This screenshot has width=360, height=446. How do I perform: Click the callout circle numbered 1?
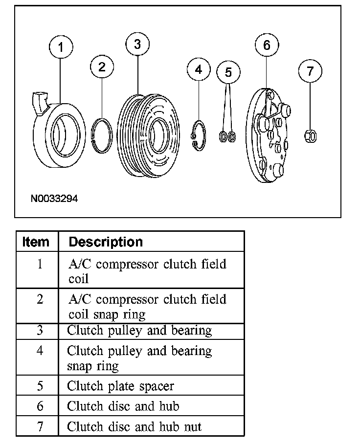point(61,47)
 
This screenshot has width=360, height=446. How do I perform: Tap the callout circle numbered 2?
point(102,67)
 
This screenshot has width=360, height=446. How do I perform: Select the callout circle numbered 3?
point(137,45)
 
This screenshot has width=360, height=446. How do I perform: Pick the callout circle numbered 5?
point(228,72)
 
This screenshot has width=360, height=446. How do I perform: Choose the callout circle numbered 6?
point(267,45)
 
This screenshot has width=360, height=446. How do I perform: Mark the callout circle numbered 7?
point(310,71)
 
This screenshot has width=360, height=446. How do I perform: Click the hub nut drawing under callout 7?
point(310,135)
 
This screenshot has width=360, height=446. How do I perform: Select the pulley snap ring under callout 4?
point(199,133)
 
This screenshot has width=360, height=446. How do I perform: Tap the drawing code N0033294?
point(54,199)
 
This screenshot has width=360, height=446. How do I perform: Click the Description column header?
point(106,242)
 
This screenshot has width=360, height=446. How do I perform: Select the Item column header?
point(36,242)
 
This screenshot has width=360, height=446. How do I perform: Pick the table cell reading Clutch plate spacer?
point(120,386)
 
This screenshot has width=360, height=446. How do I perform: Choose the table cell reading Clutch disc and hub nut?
point(134,426)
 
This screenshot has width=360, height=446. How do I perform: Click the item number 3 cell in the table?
point(40,330)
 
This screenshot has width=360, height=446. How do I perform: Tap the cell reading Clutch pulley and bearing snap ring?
point(139,357)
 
